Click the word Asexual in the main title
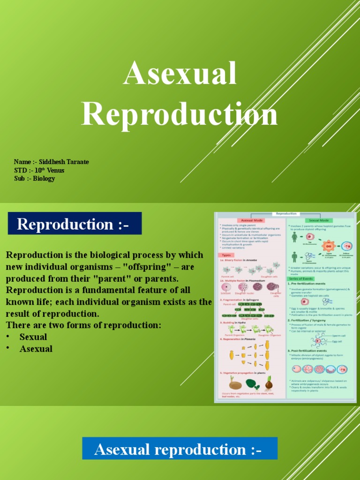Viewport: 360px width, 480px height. [180, 74]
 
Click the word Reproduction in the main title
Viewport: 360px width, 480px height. [180, 114]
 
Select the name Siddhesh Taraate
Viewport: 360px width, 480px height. [63, 162]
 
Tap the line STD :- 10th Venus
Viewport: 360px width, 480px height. [39, 171]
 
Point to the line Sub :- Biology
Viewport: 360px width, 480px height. [35, 179]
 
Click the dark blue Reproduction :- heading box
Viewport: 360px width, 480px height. [75, 224]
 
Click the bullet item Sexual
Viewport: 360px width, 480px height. [33, 337]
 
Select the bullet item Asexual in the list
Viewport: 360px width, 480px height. [36, 349]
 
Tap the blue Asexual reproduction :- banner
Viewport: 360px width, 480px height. [180, 449]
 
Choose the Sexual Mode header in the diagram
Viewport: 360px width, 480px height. [320, 220]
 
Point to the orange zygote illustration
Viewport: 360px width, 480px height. [329, 246]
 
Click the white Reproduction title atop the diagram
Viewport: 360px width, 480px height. [286, 214]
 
